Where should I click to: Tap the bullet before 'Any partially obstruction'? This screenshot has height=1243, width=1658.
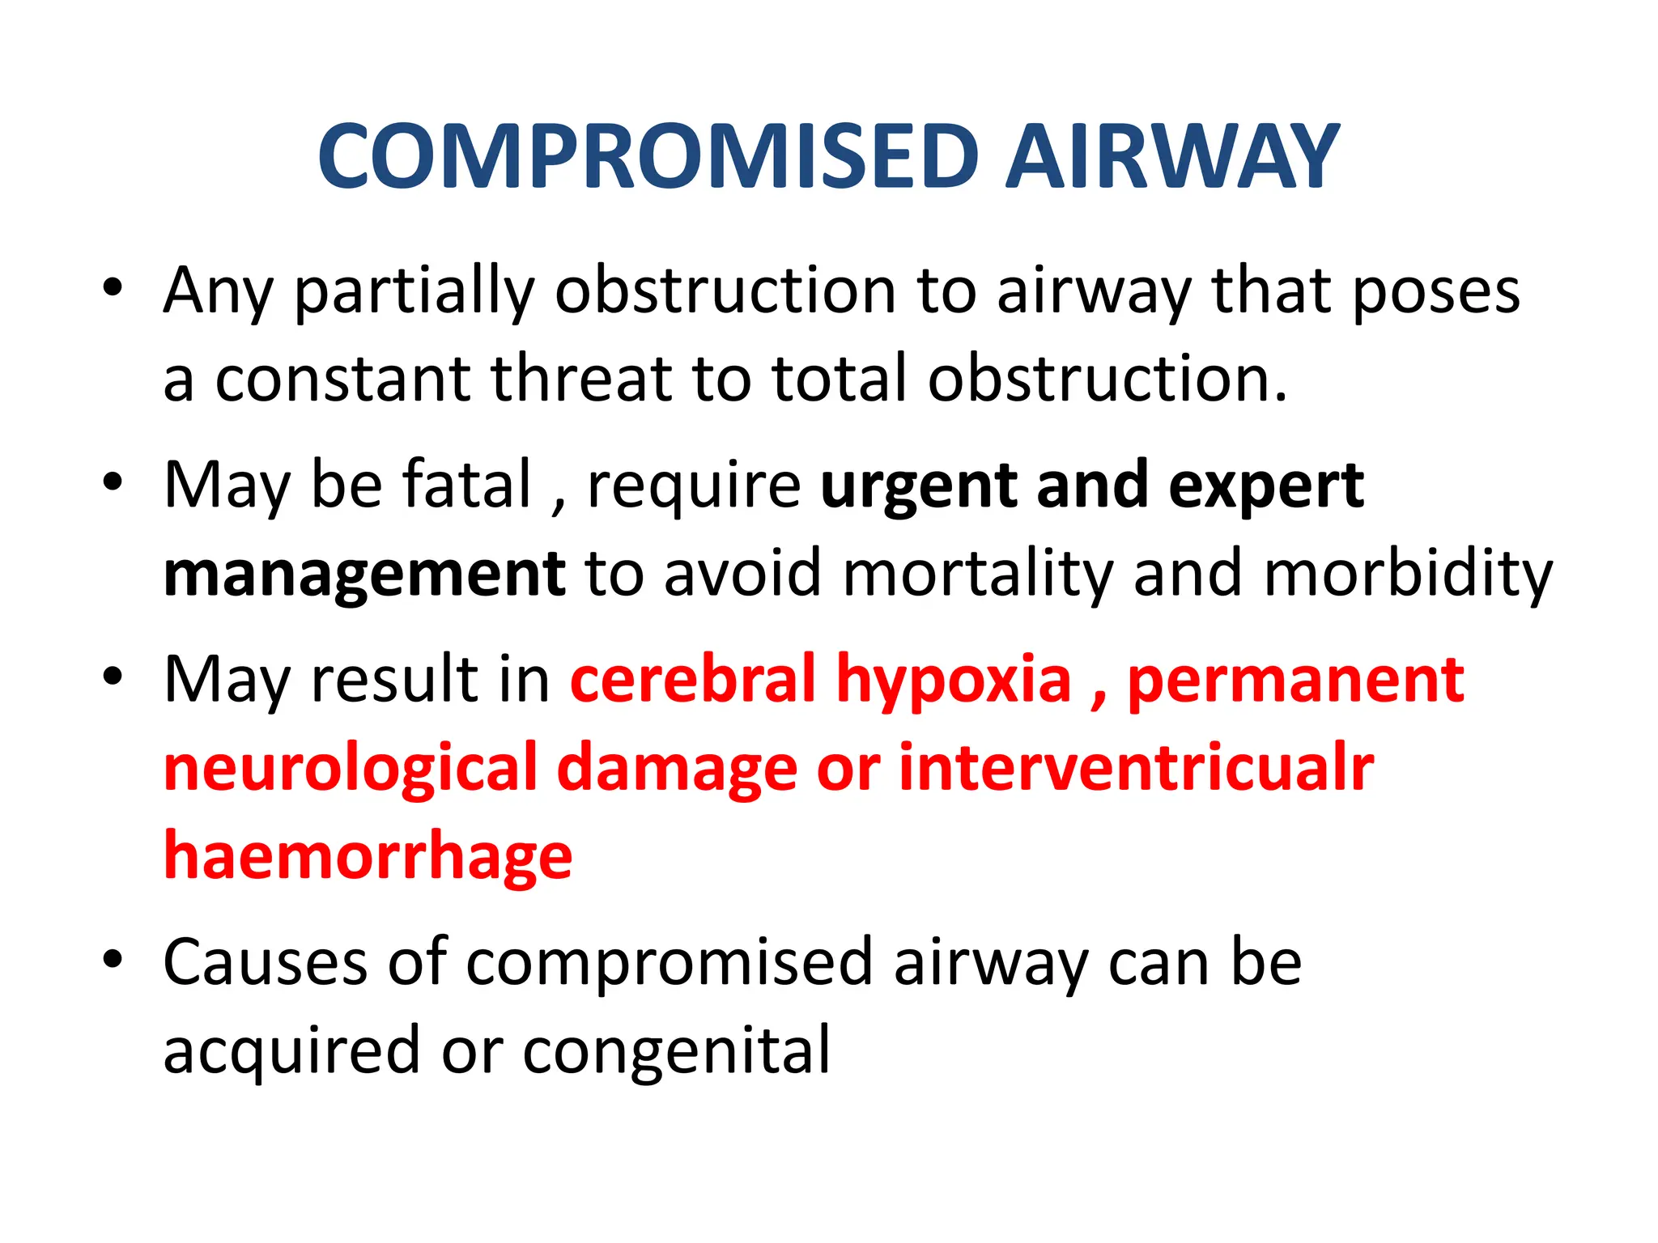tap(113, 286)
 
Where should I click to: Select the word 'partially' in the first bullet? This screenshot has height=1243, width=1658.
tap(414, 292)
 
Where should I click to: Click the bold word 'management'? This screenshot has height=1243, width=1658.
tap(364, 575)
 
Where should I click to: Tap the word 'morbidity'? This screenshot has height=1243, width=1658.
tap(1408, 575)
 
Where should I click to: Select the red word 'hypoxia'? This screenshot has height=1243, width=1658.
tap(954, 682)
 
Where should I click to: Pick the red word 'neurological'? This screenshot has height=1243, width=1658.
tap(351, 770)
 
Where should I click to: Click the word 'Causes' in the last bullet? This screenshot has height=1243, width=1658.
tap(266, 963)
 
